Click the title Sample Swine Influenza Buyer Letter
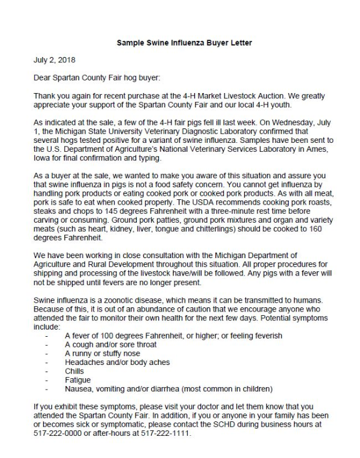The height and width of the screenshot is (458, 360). (x=180, y=44)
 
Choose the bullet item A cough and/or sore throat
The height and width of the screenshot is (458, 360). (x=110, y=345)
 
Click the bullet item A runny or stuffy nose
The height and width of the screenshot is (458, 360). (x=103, y=354)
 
